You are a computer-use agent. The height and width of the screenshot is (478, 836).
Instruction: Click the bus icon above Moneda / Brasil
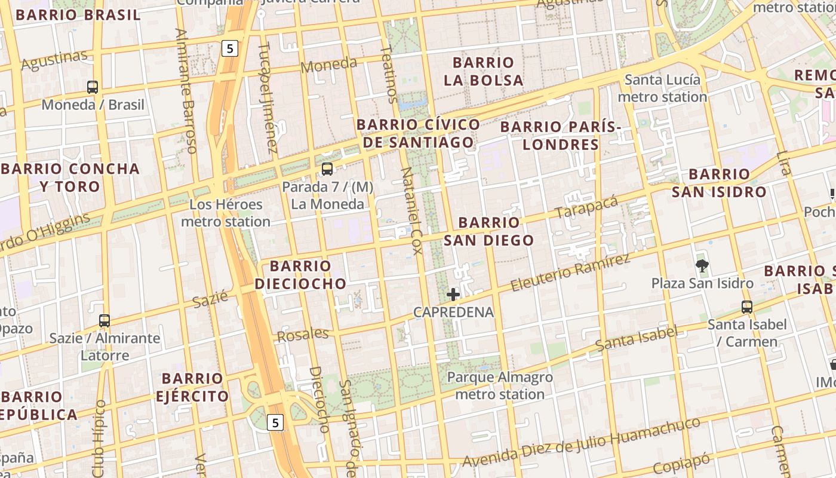pyautogui.click(x=93, y=87)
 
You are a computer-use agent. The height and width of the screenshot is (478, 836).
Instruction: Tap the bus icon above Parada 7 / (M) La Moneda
pyautogui.click(x=327, y=169)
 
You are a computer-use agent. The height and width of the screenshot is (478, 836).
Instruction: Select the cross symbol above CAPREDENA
pyautogui.click(x=453, y=294)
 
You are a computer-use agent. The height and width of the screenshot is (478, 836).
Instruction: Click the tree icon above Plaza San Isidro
pyautogui.click(x=702, y=265)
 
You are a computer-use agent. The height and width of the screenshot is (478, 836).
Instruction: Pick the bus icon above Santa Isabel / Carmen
pyautogui.click(x=747, y=307)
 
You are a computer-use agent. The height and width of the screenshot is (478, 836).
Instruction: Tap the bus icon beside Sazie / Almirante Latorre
pyautogui.click(x=105, y=321)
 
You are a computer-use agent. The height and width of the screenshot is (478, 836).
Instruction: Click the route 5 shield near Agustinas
pyautogui.click(x=230, y=48)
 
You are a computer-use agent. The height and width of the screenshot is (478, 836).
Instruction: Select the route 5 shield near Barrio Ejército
pyautogui.click(x=275, y=422)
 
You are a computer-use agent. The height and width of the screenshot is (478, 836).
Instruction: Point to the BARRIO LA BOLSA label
pyautogui.click(x=484, y=71)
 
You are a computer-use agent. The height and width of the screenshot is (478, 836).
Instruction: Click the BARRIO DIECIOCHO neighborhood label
pyautogui.click(x=300, y=275)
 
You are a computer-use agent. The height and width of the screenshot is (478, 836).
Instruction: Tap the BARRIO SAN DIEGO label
pyautogui.click(x=489, y=231)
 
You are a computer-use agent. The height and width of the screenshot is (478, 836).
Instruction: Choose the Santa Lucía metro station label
pyautogui.click(x=662, y=88)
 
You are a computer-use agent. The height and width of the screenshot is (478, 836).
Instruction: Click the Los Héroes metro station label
pyautogui.click(x=226, y=213)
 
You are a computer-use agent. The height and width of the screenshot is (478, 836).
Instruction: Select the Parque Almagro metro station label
pyautogui.click(x=500, y=385)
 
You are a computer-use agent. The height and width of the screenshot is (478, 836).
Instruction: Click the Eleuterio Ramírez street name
pyautogui.click(x=570, y=273)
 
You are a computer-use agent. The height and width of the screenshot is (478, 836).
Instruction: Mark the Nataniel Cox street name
pyautogui.click(x=411, y=210)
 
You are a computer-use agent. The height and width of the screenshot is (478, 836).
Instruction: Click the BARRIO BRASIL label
pyautogui.click(x=78, y=15)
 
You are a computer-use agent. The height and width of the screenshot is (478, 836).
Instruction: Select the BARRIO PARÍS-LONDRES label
pyautogui.click(x=561, y=136)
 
